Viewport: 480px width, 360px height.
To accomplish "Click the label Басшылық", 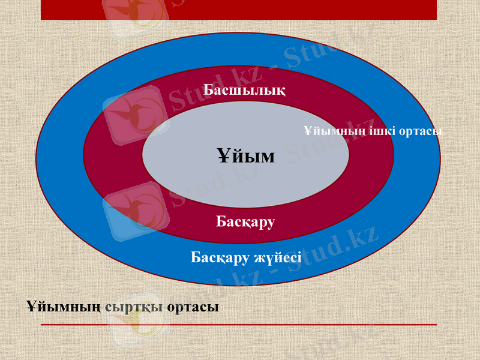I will [244, 91].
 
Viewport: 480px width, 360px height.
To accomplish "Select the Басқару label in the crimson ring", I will [245, 222].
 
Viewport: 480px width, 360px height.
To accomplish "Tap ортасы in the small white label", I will [418, 131].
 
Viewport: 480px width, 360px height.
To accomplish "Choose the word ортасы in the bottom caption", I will [193, 307].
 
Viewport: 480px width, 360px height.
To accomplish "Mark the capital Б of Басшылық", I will [208, 91].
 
